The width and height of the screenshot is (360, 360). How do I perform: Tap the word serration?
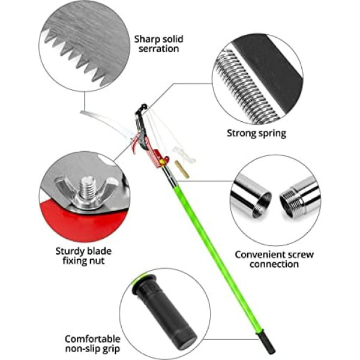click(x=158, y=49)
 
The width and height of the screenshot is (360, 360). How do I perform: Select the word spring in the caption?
click(x=271, y=134)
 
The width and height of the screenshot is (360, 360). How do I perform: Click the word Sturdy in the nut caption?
click(x=70, y=251)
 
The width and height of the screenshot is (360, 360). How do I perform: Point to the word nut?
click(x=97, y=261)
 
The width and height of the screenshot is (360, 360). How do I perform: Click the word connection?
click(x=274, y=264)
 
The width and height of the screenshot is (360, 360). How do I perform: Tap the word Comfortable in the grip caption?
click(x=92, y=339)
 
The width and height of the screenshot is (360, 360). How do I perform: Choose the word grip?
click(x=111, y=349)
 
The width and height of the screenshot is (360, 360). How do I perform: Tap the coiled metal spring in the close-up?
click(x=247, y=87)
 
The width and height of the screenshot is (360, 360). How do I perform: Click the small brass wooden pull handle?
click(x=182, y=169)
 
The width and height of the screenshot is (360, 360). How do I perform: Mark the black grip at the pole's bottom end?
click(x=267, y=341)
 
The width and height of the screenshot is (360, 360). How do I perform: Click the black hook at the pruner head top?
click(x=141, y=109)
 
